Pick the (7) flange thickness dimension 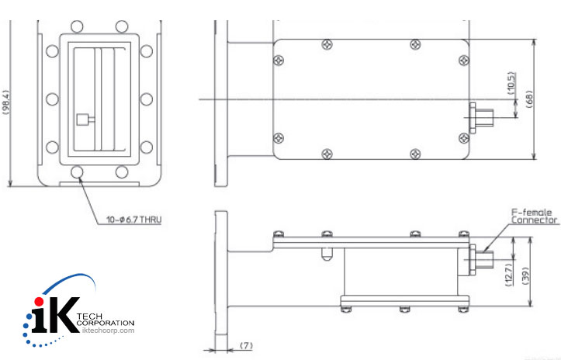pos(244,343)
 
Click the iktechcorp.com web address pos(109,331)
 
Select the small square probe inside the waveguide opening pos(82,119)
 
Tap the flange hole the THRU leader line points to pos(78,171)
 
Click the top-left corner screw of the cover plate pos(277,59)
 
